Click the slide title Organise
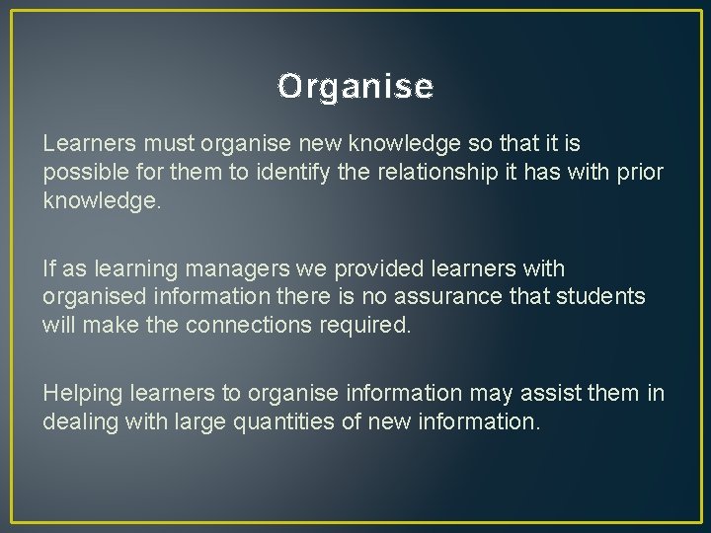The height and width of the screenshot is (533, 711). point(355,87)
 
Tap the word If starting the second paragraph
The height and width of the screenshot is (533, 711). point(49,268)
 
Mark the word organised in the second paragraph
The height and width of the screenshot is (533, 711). point(93,296)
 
